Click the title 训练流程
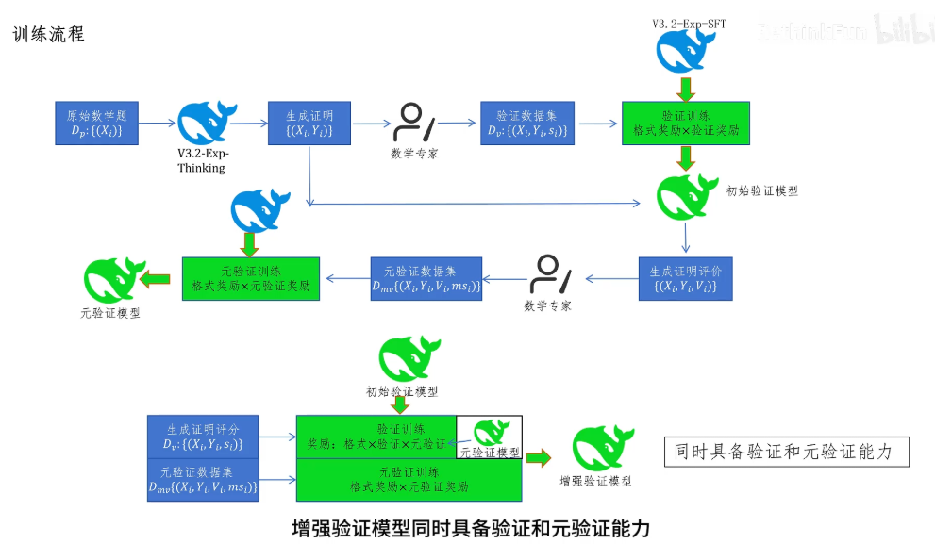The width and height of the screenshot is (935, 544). [x=49, y=35]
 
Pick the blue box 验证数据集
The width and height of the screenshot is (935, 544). [x=527, y=124]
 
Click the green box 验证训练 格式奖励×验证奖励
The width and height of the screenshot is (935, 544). [x=685, y=124]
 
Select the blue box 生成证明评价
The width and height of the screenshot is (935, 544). [x=685, y=279]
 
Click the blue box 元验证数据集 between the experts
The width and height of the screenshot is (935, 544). [x=426, y=279]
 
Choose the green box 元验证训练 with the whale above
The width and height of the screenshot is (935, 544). [x=251, y=279]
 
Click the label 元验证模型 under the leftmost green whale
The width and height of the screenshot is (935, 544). [x=110, y=313]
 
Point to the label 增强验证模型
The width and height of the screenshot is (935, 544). [x=595, y=480]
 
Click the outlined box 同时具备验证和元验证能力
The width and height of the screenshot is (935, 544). [x=787, y=452]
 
